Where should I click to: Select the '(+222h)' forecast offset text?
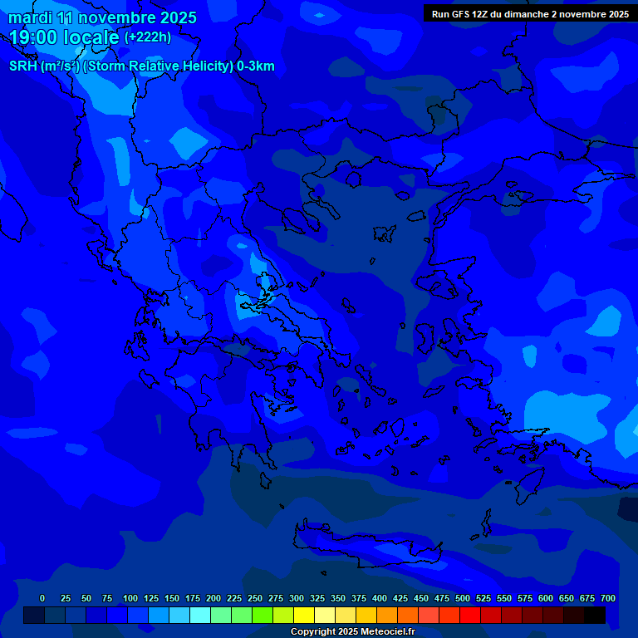(x=148, y=37)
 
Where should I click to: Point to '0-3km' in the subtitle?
(x=255, y=66)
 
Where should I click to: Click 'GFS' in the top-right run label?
(x=459, y=14)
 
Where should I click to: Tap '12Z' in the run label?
(x=480, y=14)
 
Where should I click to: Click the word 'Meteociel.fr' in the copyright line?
(x=383, y=632)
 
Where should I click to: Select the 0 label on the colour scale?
(x=42, y=598)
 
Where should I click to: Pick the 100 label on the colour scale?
(x=130, y=598)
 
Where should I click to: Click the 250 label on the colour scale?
(x=255, y=598)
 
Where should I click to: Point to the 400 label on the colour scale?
(x=380, y=598)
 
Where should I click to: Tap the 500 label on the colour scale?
(x=463, y=598)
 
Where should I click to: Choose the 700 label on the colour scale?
(x=608, y=598)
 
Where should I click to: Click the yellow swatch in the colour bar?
(x=304, y=615)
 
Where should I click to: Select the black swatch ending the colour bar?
(x=595, y=615)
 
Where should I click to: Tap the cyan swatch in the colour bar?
(x=200, y=615)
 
